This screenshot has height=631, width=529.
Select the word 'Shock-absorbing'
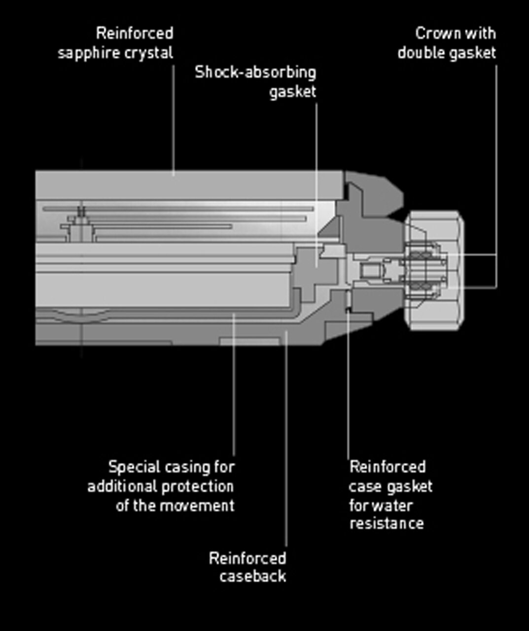(255, 72)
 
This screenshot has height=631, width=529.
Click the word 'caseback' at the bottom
(253, 576)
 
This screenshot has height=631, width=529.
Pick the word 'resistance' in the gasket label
(387, 523)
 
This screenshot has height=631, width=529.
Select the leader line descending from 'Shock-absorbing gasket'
(316, 173)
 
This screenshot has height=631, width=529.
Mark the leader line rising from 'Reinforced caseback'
(286, 444)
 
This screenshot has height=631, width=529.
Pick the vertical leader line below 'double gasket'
(496, 173)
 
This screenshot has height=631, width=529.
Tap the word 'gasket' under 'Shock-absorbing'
(292, 92)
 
